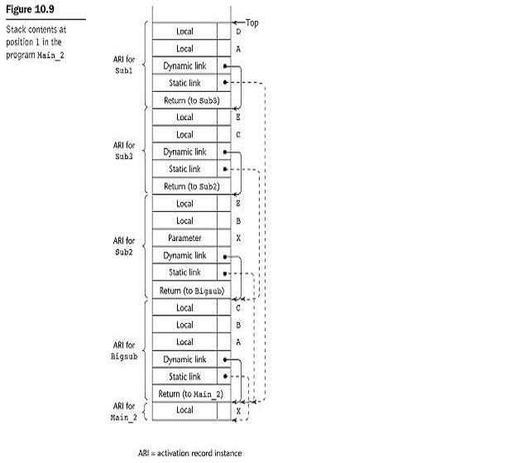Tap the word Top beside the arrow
point(251,22)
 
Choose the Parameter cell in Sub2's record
point(185,238)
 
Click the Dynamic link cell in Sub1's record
point(185,65)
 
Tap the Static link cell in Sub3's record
point(185,169)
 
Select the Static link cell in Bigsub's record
point(185,376)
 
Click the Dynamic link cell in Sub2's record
point(185,256)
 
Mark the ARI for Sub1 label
point(124,65)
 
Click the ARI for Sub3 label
point(124,150)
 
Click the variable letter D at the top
point(238,31)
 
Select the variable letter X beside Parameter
point(238,238)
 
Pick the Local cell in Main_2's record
point(185,410)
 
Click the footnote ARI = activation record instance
point(189,453)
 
